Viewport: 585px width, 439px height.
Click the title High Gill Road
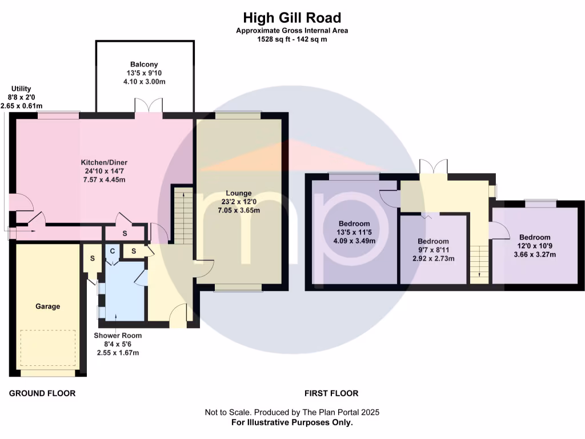tap(292, 18)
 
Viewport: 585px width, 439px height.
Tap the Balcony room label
tap(143, 65)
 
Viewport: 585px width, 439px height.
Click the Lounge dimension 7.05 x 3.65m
tap(238, 210)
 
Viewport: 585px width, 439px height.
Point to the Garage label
tap(48, 306)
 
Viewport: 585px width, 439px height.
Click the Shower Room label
tap(118, 336)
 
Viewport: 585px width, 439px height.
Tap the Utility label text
tap(21, 89)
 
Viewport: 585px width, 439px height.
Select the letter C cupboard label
tap(113, 251)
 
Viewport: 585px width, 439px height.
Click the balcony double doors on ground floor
tap(149, 105)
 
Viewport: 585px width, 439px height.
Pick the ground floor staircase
tap(183, 214)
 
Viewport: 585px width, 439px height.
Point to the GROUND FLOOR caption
tap(42, 393)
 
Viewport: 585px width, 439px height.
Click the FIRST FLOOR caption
tap(331, 393)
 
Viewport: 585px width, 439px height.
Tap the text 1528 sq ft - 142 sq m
tap(292, 39)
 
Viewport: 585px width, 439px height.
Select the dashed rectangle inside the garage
tap(48, 349)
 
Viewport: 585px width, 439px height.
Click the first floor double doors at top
tap(434, 166)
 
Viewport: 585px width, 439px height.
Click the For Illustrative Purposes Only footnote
tap(292, 422)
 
